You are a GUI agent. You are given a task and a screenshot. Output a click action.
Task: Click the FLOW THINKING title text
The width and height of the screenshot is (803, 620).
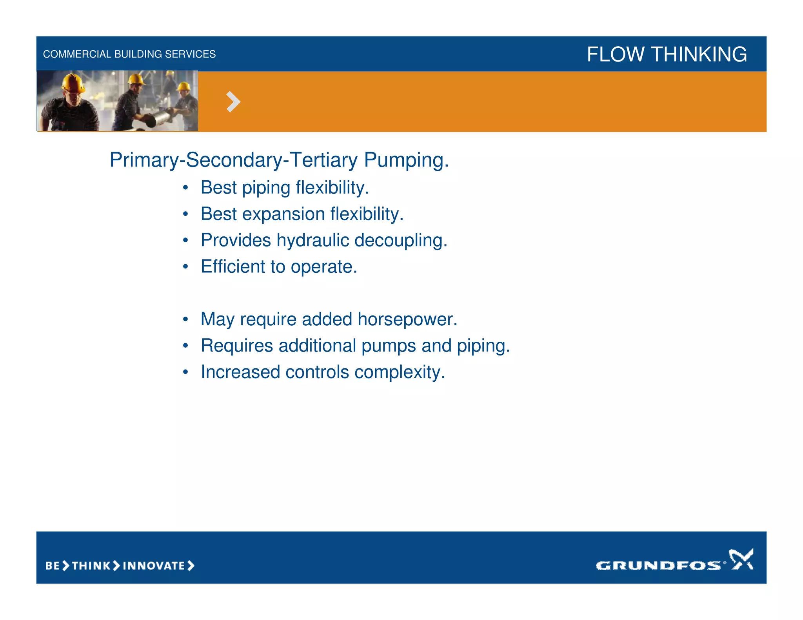[667, 54]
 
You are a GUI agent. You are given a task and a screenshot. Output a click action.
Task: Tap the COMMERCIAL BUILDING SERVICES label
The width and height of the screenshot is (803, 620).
[129, 54]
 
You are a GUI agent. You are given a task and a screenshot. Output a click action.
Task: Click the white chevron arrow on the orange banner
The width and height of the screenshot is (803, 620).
[233, 102]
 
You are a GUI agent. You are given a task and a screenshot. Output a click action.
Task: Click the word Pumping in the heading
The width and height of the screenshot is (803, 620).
[406, 160]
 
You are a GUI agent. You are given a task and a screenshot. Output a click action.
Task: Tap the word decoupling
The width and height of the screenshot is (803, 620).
[400, 240]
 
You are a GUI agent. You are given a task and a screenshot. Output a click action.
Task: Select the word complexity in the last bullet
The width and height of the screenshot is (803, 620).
[400, 372]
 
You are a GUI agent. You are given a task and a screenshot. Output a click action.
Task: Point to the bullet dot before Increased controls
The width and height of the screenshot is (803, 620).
[185, 372]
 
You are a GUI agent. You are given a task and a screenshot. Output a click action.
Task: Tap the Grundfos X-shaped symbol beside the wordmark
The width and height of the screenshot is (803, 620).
[741, 559]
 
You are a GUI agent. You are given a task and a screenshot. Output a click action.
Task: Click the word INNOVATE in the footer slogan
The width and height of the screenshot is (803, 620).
[154, 566]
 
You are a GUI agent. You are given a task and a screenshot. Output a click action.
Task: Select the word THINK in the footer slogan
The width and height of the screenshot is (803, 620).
[91, 566]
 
